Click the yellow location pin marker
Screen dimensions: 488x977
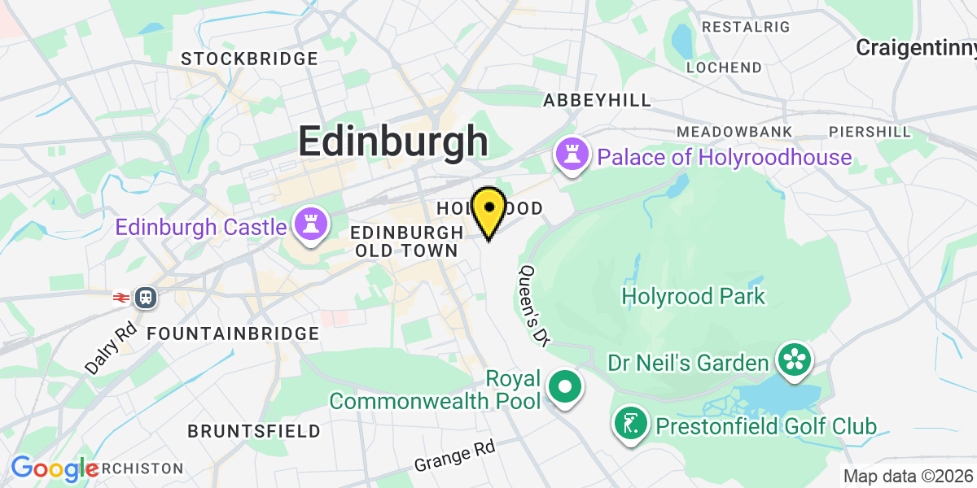(488, 210)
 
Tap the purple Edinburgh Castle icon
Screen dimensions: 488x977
(310, 225)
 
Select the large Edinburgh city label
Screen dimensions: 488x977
(392, 141)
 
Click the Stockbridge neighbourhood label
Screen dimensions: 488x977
(249, 59)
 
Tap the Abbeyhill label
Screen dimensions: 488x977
(598, 100)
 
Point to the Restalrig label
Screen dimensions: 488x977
(746, 27)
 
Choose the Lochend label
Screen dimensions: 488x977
(724, 68)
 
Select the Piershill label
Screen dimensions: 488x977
(870, 132)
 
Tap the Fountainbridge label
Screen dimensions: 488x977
(233, 333)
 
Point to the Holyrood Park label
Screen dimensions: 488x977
(693, 296)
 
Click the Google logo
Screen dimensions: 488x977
(54, 469)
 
